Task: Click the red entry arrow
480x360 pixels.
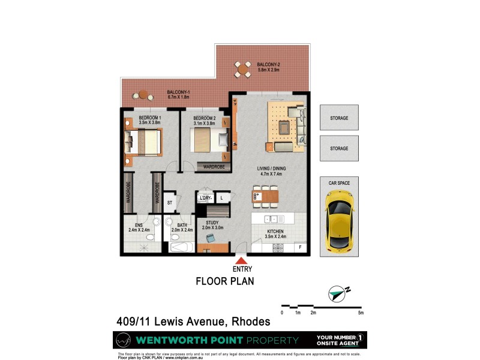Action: pos(241,260)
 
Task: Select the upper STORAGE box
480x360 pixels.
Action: pos(339,118)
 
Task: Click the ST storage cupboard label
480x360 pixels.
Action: pos(170,203)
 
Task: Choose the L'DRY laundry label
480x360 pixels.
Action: pos(205,197)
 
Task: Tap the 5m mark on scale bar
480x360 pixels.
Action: pos(361,313)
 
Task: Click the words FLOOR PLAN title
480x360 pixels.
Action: pos(226,281)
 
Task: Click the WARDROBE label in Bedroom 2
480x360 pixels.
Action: pos(214,166)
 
